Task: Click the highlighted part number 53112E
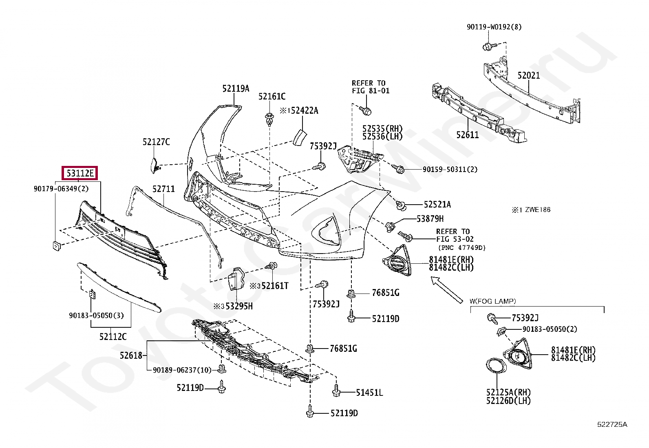(80, 174)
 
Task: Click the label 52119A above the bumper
(236, 88)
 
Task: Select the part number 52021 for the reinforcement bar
(528, 75)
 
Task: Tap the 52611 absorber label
(467, 135)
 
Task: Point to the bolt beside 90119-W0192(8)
(488, 46)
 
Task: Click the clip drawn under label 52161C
(269, 119)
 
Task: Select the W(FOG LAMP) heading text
(492, 301)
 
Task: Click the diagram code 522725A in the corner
(612, 424)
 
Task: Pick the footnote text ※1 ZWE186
(531, 210)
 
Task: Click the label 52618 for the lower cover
(131, 355)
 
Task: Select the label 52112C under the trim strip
(113, 337)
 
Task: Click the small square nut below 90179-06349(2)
(56, 245)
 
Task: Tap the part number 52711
(163, 189)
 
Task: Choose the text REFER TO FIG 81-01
(370, 87)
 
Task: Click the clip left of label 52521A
(401, 206)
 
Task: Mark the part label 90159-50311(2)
(450, 169)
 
